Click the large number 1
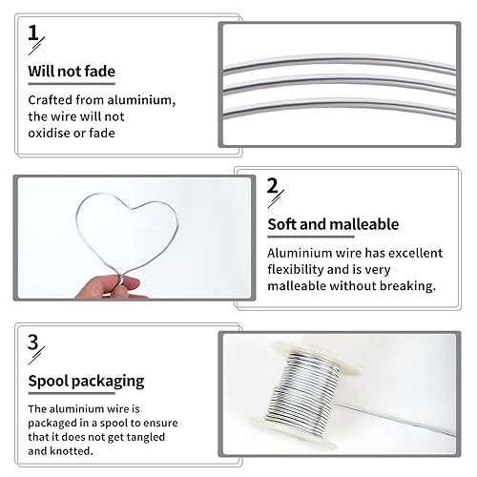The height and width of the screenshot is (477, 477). (33, 33)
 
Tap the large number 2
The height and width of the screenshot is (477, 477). (273, 186)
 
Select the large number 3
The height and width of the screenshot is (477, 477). (33, 342)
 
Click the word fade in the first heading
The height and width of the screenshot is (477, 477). (100, 72)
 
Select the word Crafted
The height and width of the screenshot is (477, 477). (51, 100)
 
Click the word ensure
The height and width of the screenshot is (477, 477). (160, 424)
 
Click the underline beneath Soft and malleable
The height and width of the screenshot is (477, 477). (311, 237)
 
